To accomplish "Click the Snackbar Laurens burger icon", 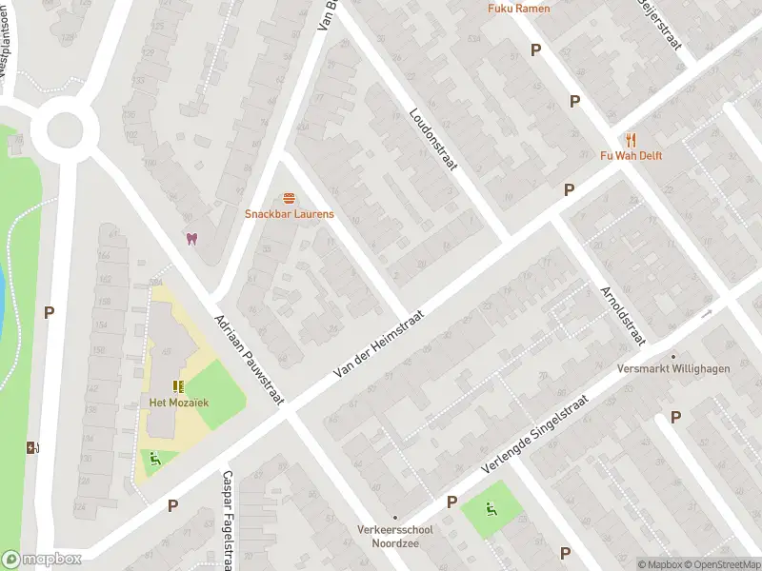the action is pos(289,197).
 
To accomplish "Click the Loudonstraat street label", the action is pos(433,138).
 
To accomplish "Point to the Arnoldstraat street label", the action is pos(622,315).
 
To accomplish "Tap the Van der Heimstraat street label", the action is pos(378,339).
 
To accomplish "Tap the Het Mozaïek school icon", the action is pos(177,386).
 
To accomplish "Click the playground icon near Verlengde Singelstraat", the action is pos(491,510).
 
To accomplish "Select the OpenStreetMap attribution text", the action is pos(723,564).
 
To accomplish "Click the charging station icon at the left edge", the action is pos(32,447).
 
